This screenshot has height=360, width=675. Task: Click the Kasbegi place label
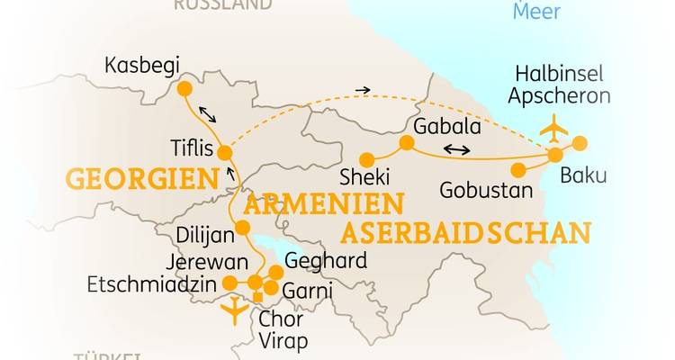click(142, 66)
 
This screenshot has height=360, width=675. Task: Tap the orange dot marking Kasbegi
click(184, 89)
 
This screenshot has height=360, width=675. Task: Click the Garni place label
click(308, 291)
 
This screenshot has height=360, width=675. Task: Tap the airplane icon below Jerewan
click(234, 310)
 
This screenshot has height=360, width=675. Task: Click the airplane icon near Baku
click(553, 130)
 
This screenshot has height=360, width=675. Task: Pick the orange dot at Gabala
click(407, 142)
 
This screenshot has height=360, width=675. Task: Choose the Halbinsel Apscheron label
click(558, 85)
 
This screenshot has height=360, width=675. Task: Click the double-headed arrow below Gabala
click(456, 150)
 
